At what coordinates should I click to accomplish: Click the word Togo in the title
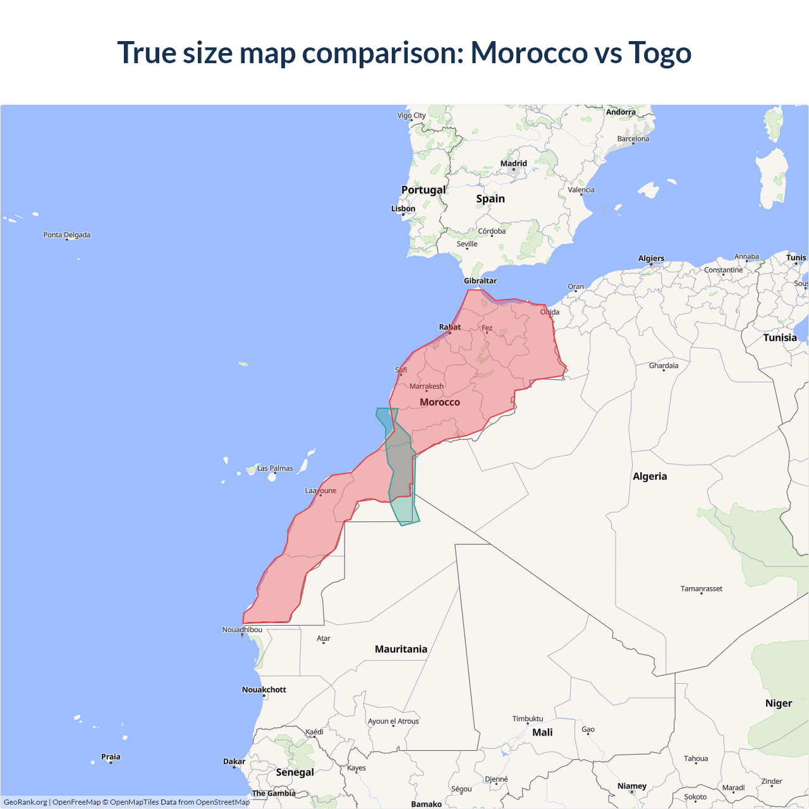659,52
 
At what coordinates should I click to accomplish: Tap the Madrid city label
513,164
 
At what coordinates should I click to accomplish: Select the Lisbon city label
403,209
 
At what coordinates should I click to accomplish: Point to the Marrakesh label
427,386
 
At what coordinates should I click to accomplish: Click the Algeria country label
650,477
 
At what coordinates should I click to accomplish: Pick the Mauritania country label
401,649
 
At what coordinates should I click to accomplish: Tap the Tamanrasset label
701,588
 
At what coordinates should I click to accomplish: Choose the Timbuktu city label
528,719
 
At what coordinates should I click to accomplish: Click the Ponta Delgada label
67,234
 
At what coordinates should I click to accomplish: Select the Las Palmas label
275,468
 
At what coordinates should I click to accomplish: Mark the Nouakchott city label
264,690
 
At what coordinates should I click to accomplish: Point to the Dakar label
234,762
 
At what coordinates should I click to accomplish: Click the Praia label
111,757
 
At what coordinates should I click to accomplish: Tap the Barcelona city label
633,139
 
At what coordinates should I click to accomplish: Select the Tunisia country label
780,338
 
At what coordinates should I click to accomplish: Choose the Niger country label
778,703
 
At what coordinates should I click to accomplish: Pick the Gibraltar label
480,281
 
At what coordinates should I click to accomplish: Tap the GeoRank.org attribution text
25,802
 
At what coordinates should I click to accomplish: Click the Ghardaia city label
664,365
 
